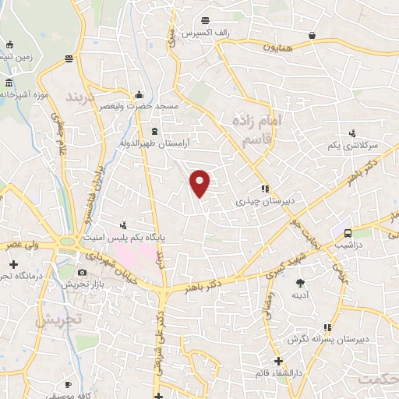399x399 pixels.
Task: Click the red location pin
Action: [x=201, y=182]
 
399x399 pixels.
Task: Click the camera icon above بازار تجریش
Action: [x=83, y=272]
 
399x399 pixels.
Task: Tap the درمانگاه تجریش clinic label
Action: [x=16, y=276]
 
